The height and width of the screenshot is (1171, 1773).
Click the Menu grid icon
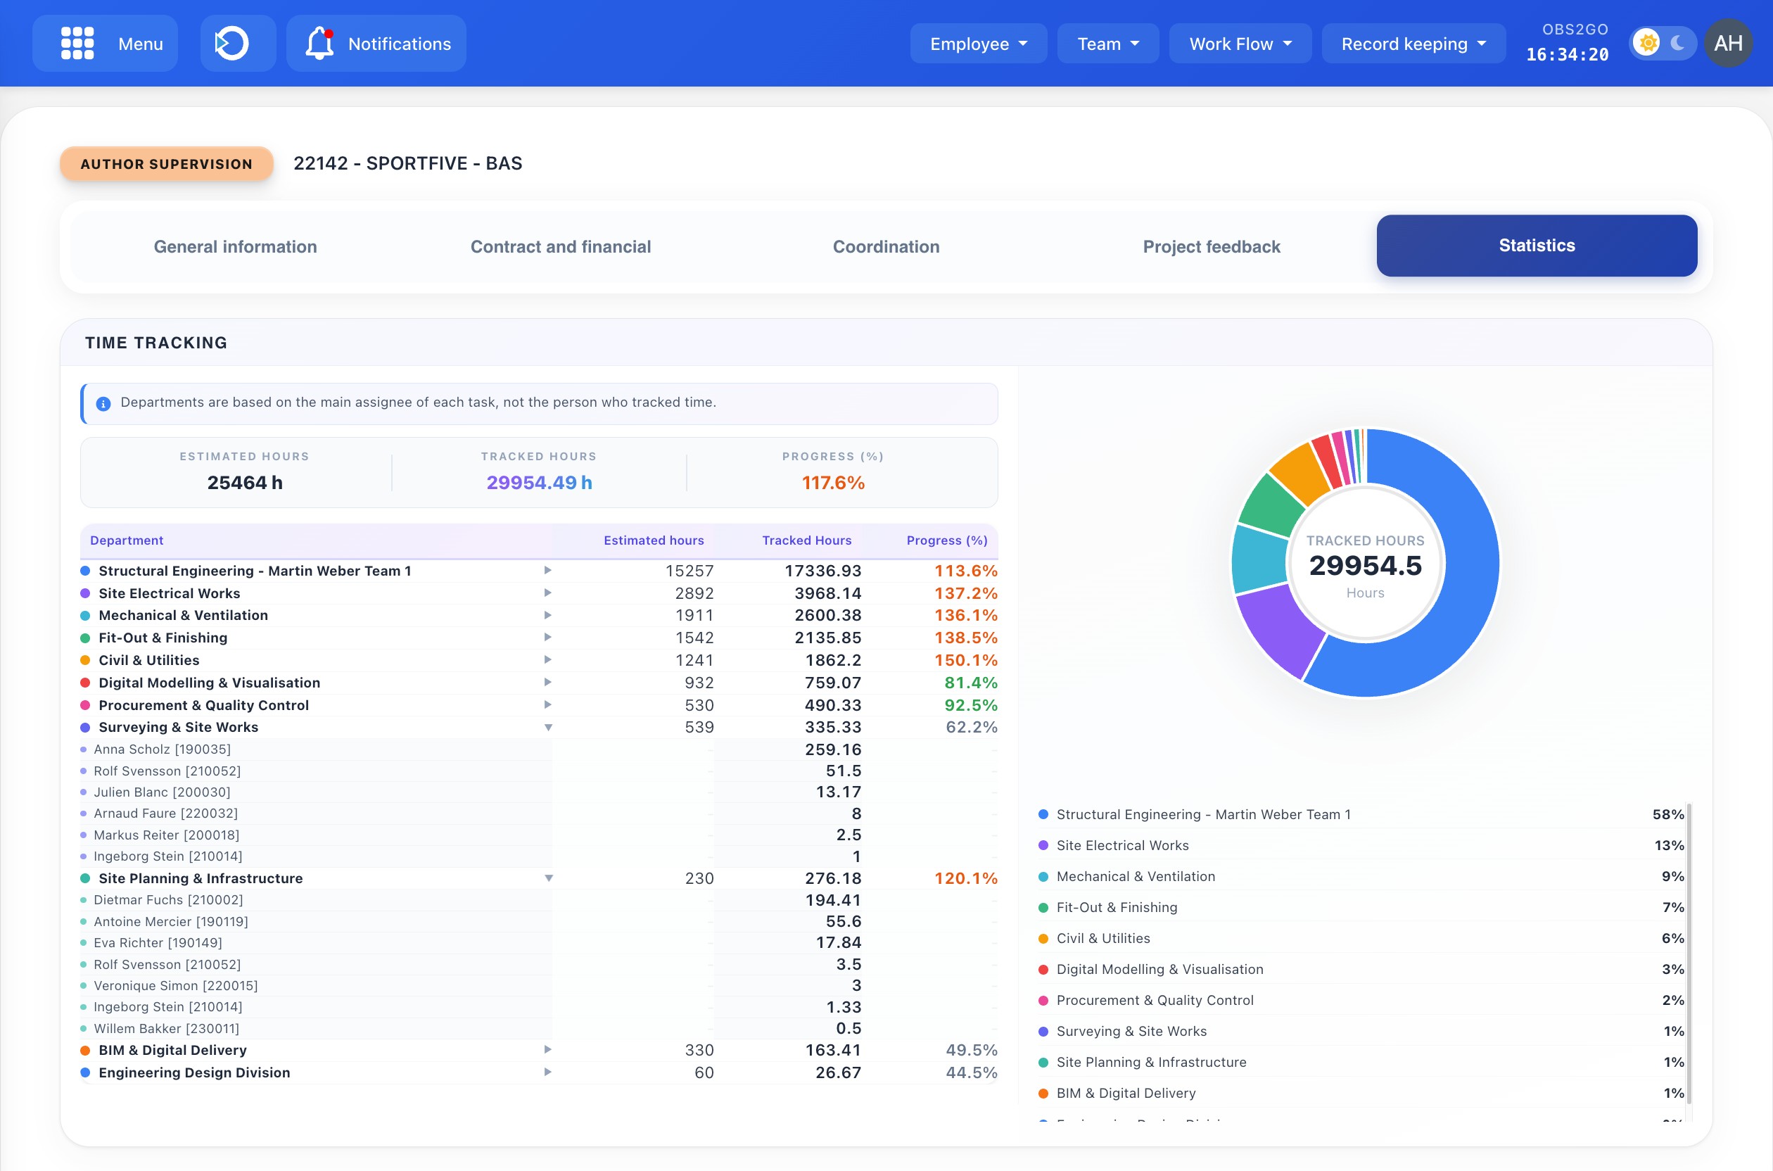77,44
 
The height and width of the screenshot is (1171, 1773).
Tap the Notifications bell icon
319,44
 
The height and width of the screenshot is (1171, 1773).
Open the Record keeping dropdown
1413,44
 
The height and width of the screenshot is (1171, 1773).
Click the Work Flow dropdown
1239,44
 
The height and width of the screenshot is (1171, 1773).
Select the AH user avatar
1728,44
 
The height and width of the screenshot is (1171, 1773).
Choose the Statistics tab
1537,246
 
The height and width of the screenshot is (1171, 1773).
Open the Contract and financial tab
560,246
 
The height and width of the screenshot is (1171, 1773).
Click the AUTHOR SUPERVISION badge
167,163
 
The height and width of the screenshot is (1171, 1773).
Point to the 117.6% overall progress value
833,483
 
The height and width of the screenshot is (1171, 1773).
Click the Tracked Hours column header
806,540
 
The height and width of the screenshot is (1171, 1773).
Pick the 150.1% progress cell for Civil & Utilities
965,660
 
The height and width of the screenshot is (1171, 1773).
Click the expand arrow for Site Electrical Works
548,593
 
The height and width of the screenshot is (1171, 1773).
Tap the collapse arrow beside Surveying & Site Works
548,728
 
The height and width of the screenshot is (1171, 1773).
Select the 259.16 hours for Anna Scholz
832,749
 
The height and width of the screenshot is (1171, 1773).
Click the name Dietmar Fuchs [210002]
168,900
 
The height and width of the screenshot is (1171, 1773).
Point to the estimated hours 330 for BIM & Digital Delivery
699,1050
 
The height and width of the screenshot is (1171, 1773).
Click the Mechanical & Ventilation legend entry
1135,876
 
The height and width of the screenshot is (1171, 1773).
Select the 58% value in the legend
1667,814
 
